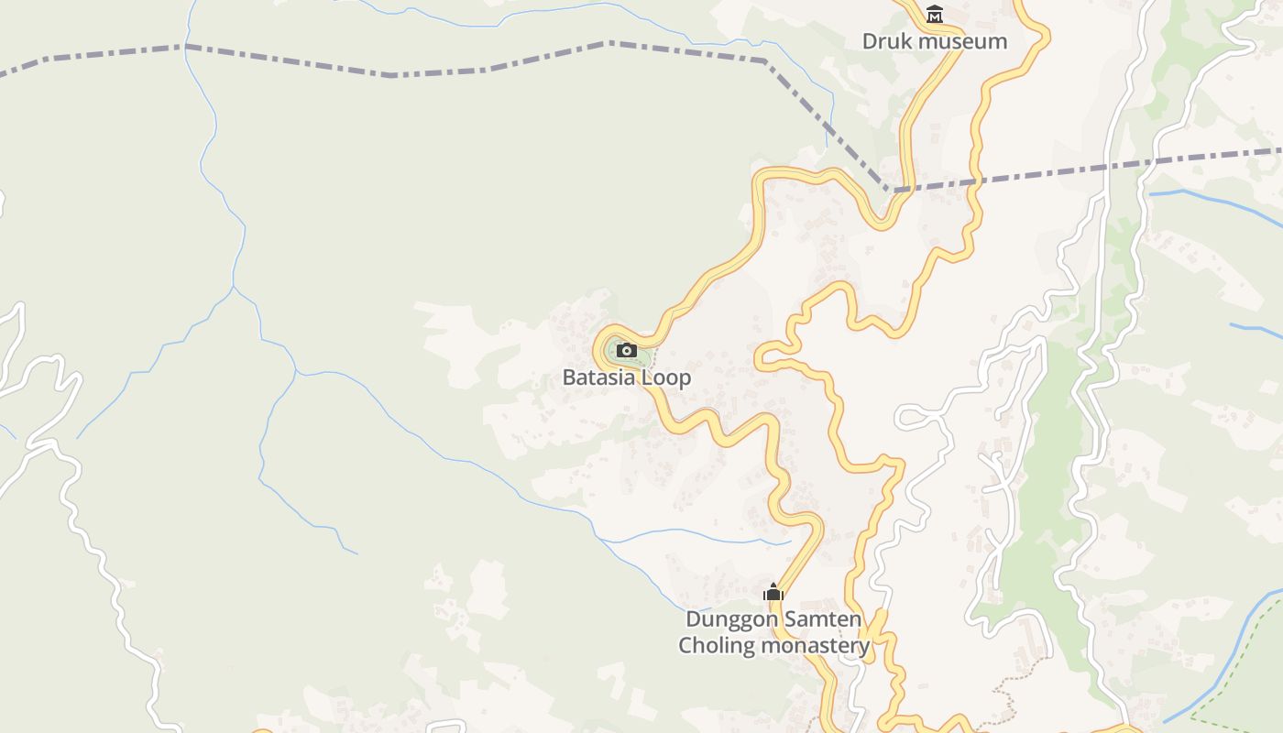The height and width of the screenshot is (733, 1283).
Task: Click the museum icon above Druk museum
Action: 935,14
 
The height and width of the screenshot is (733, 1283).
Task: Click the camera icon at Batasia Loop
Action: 627,350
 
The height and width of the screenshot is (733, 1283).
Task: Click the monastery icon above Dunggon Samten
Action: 773,593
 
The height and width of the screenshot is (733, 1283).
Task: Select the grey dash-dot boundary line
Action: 394,74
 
